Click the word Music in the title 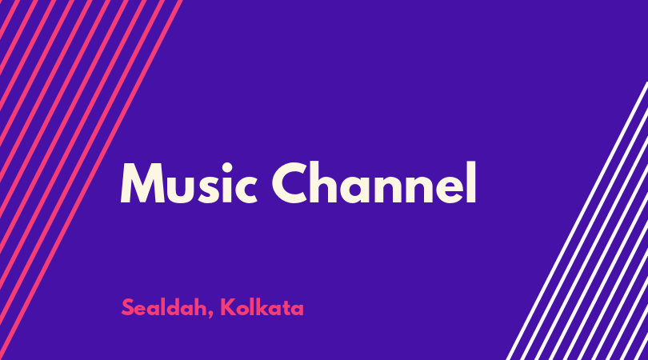pos(189,182)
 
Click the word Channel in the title pos(374,182)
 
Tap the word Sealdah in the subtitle pos(166,307)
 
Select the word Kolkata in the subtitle pos(262,307)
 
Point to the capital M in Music pos(142,183)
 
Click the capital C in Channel pos(291,182)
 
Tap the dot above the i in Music pos(227,168)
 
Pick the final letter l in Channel pos(471,182)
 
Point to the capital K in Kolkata pos(227,307)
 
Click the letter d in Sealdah pos(185,307)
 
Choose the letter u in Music pos(180,190)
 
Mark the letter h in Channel pos(328,182)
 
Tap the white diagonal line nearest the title pos(578,220)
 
